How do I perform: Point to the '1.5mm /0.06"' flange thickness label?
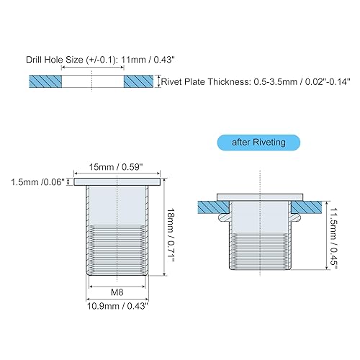click(x=37, y=183)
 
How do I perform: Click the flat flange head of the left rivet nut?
click(x=116, y=184)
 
